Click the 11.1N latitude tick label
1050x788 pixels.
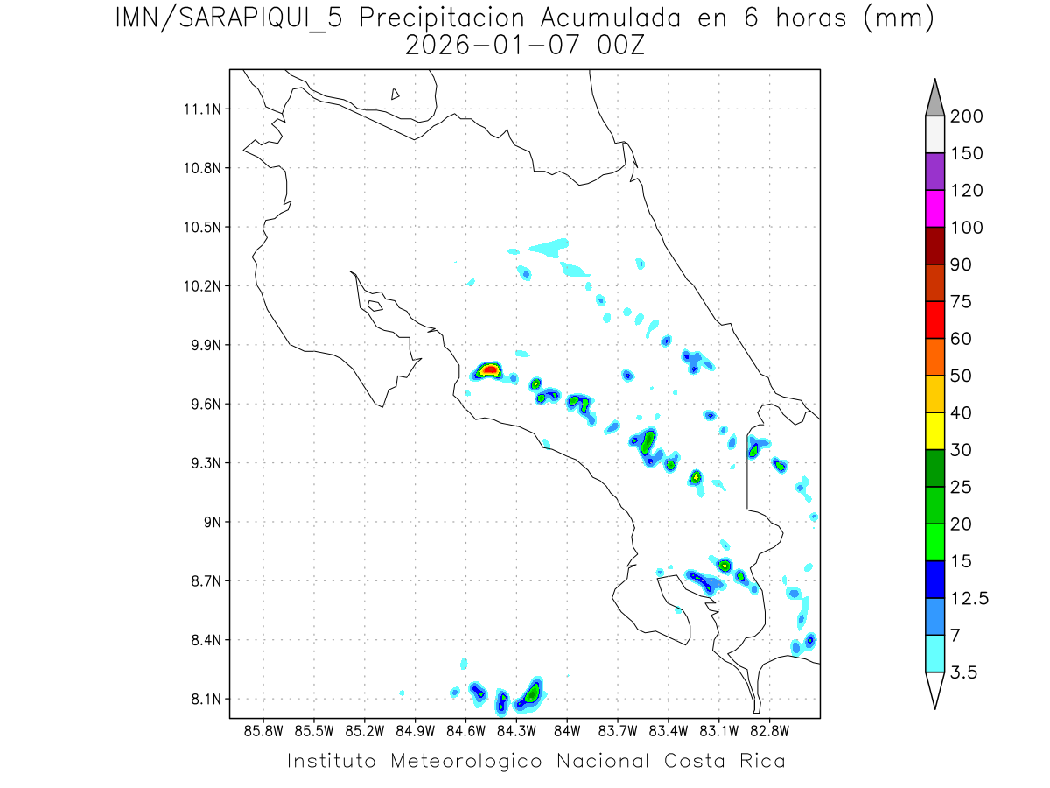point(200,109)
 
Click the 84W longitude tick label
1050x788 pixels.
point(567,729)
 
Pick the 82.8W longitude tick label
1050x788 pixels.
point(770,729)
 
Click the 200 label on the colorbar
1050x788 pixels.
point(966,116)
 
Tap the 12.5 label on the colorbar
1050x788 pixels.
point(969,598)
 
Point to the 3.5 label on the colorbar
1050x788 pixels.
point(964,672)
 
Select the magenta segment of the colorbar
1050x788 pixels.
point(934,208)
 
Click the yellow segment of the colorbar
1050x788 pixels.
point(934,431)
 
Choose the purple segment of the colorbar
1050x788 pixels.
point(934,172)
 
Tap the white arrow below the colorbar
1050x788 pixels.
point(934,689)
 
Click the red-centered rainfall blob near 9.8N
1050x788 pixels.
point(489,370)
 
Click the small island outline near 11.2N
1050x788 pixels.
point(395,94)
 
